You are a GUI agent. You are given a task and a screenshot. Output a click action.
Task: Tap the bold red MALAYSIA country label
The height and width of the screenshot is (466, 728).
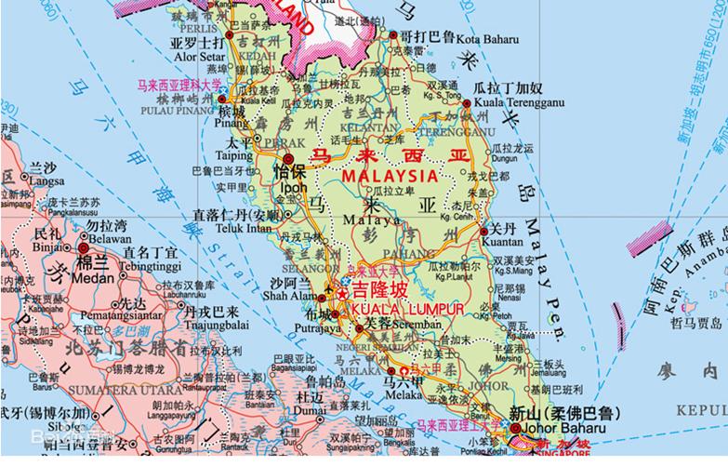pyautogui.click(x=389, y=176)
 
